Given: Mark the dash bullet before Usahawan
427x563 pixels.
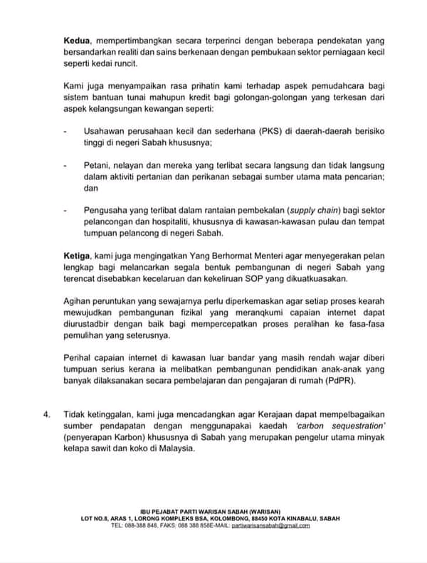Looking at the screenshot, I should [65, 132].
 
